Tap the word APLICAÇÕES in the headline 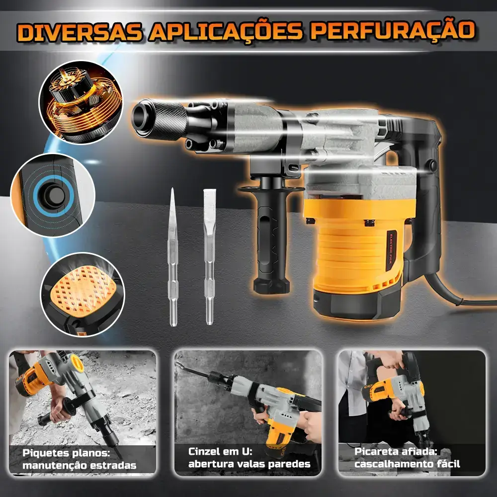pos(225,31)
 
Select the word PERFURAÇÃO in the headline pos(393,30)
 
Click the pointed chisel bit pos(173,257)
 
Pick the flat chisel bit pos(209,257)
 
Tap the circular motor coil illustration pos(81,102)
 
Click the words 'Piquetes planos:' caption pos(66,452)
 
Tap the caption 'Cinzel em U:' pos(221,451)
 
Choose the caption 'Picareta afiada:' pos(396,451)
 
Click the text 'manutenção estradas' pos(80,465)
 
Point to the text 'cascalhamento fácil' pos(407,464)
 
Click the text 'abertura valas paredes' pos(249,464)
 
